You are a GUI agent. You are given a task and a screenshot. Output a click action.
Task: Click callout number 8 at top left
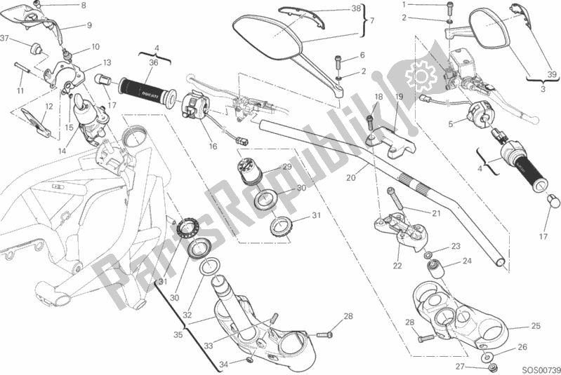tap(83, 6)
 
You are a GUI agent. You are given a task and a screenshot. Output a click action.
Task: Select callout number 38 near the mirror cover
tap(355, 9)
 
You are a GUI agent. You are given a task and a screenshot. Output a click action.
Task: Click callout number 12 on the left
tap(49, 106)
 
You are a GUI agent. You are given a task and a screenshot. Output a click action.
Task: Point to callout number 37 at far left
tap(6, 38)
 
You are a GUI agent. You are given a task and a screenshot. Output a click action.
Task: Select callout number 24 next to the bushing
tap(466, 261)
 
